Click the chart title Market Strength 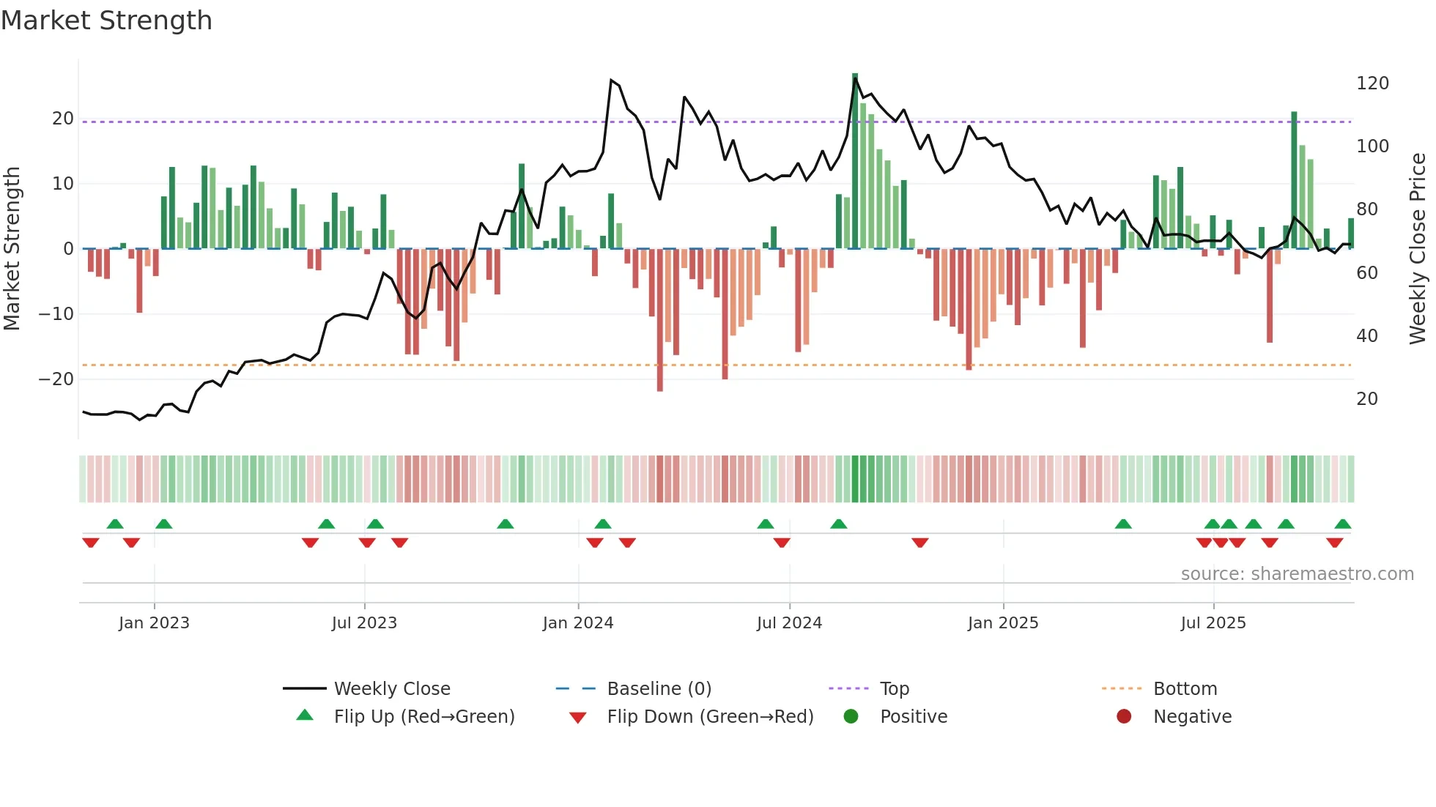point(106,21)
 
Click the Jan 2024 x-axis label point(577,623)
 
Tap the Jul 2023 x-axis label point(364,623)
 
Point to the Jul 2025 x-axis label point(1213,623)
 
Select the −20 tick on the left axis point(56,379)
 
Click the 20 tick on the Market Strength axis point(63,119)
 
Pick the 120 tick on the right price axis point(1372,83)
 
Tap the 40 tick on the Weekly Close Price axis point(1366,336)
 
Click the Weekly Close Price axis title point(1417,249)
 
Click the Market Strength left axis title point(12,249)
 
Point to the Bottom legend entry point(1185,689)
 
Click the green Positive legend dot point(851,717)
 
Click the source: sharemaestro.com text point(1297,574)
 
